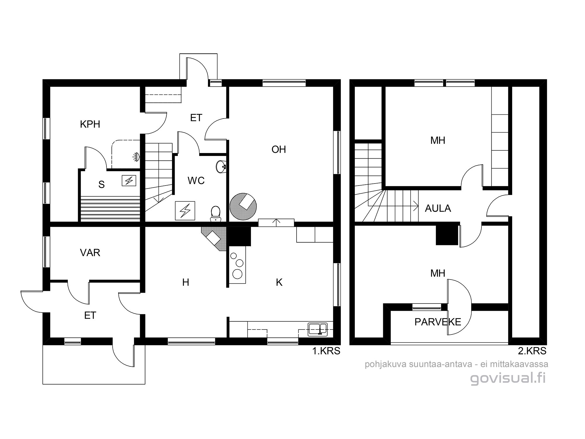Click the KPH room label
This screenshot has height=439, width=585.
click(90, 124)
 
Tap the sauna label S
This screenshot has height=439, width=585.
click(101, 185)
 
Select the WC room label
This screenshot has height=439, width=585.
click(196, 181)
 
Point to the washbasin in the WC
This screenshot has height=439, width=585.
click(221, 167)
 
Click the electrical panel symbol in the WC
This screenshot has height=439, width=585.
click(185, 211)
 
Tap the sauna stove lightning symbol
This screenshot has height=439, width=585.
click(129, 181)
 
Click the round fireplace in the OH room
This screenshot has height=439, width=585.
click(243, 207)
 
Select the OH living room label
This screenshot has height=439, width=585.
click(278, 150)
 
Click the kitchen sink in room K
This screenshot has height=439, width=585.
click(317, 329)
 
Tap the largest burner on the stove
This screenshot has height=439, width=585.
click(237, 274)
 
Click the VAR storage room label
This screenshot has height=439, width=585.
click(90, 253)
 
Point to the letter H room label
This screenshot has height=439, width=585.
click(185, 282)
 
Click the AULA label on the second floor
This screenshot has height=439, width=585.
click(438, 208)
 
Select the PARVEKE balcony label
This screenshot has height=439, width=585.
click(438, 322)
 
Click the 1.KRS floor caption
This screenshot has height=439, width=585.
click(326, 351)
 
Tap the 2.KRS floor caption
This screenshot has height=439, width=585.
click(532, 351)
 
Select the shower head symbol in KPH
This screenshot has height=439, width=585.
click(136, 157)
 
